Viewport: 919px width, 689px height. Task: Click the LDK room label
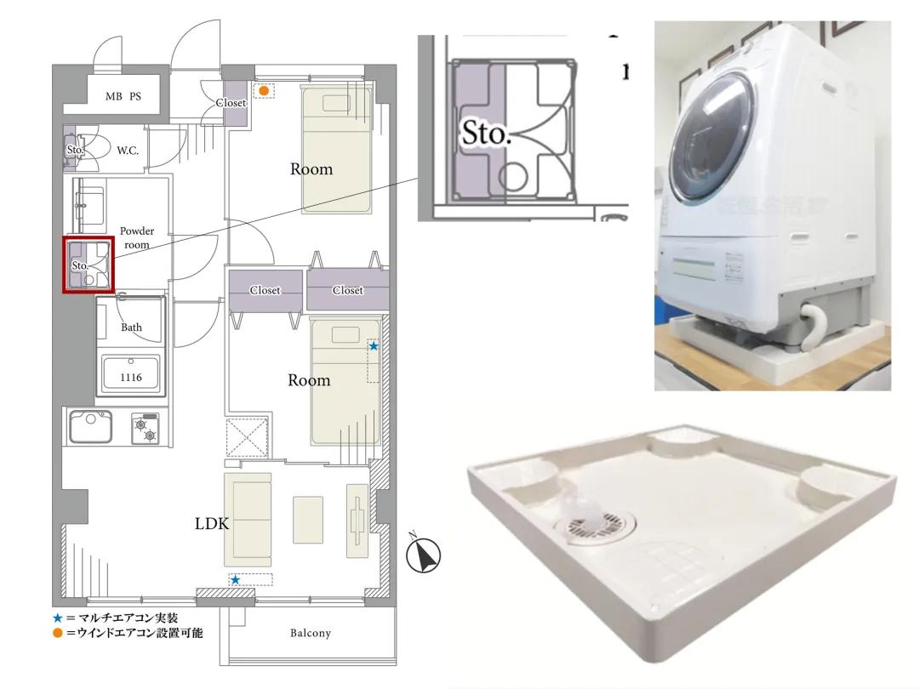click(x=212, y=523)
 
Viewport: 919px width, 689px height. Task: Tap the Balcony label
click(x=310, y=633)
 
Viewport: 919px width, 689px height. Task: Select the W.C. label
click(x=128, y=151)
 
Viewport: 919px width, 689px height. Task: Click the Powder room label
click(x=136, y=237)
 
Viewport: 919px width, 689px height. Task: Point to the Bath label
click(x=131, y=327)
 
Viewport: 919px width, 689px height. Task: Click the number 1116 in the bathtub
click(x=131, y=378)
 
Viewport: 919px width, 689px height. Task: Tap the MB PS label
click(x=123, y=96)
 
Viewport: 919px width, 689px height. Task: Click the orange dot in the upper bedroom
click(x=265, y=91)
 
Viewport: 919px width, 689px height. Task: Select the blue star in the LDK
click(x=235, y=579)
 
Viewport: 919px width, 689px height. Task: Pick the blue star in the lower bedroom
click(x=374, y=346)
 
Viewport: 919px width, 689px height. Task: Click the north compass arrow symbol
click(x=423, y=555)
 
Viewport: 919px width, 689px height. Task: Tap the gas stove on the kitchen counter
click(x=146, y=428)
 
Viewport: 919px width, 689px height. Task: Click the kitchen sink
click(x=91, y=426)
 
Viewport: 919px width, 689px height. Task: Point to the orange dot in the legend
click(x=58, y=633)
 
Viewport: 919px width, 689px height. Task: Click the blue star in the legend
click(x=58, y=618)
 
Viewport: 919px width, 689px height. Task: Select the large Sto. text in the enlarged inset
click(x=486, y=134)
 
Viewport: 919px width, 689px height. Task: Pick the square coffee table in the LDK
click(x=308, y=519)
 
